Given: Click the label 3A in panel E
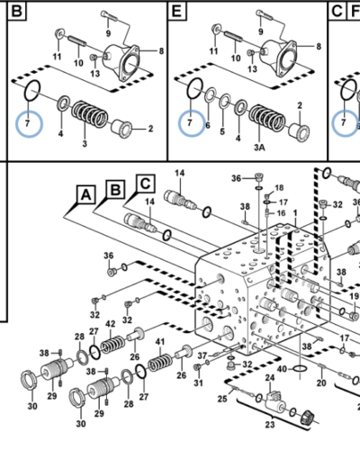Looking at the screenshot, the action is [x=259, y=148].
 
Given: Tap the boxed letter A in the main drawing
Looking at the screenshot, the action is [x=86, y=195].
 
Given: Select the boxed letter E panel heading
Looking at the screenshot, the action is [x=176, y=12].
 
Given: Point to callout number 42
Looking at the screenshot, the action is [x=111, y=324].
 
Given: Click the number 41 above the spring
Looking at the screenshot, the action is [x=160, y=341].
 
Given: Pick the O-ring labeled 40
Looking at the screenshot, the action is [x=300, y=368].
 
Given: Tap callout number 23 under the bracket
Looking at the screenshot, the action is [x=270, y=425].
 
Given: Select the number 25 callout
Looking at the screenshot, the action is [x=222, y=399].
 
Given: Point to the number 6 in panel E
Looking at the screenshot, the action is [x=208, y=125].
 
